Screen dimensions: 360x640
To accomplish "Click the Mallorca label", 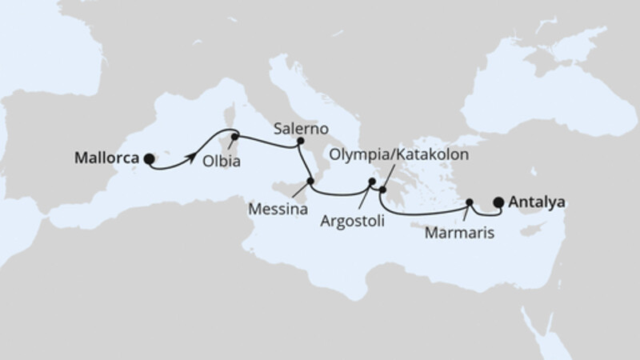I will point(107,158).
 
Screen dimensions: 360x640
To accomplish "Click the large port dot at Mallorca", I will point(149,159).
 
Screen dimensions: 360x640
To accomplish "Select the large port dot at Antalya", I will point(499,203).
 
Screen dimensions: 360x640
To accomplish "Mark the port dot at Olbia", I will point(234,137).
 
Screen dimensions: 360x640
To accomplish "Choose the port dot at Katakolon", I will point(382,190).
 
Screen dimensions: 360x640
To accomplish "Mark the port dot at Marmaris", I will point(470,202).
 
